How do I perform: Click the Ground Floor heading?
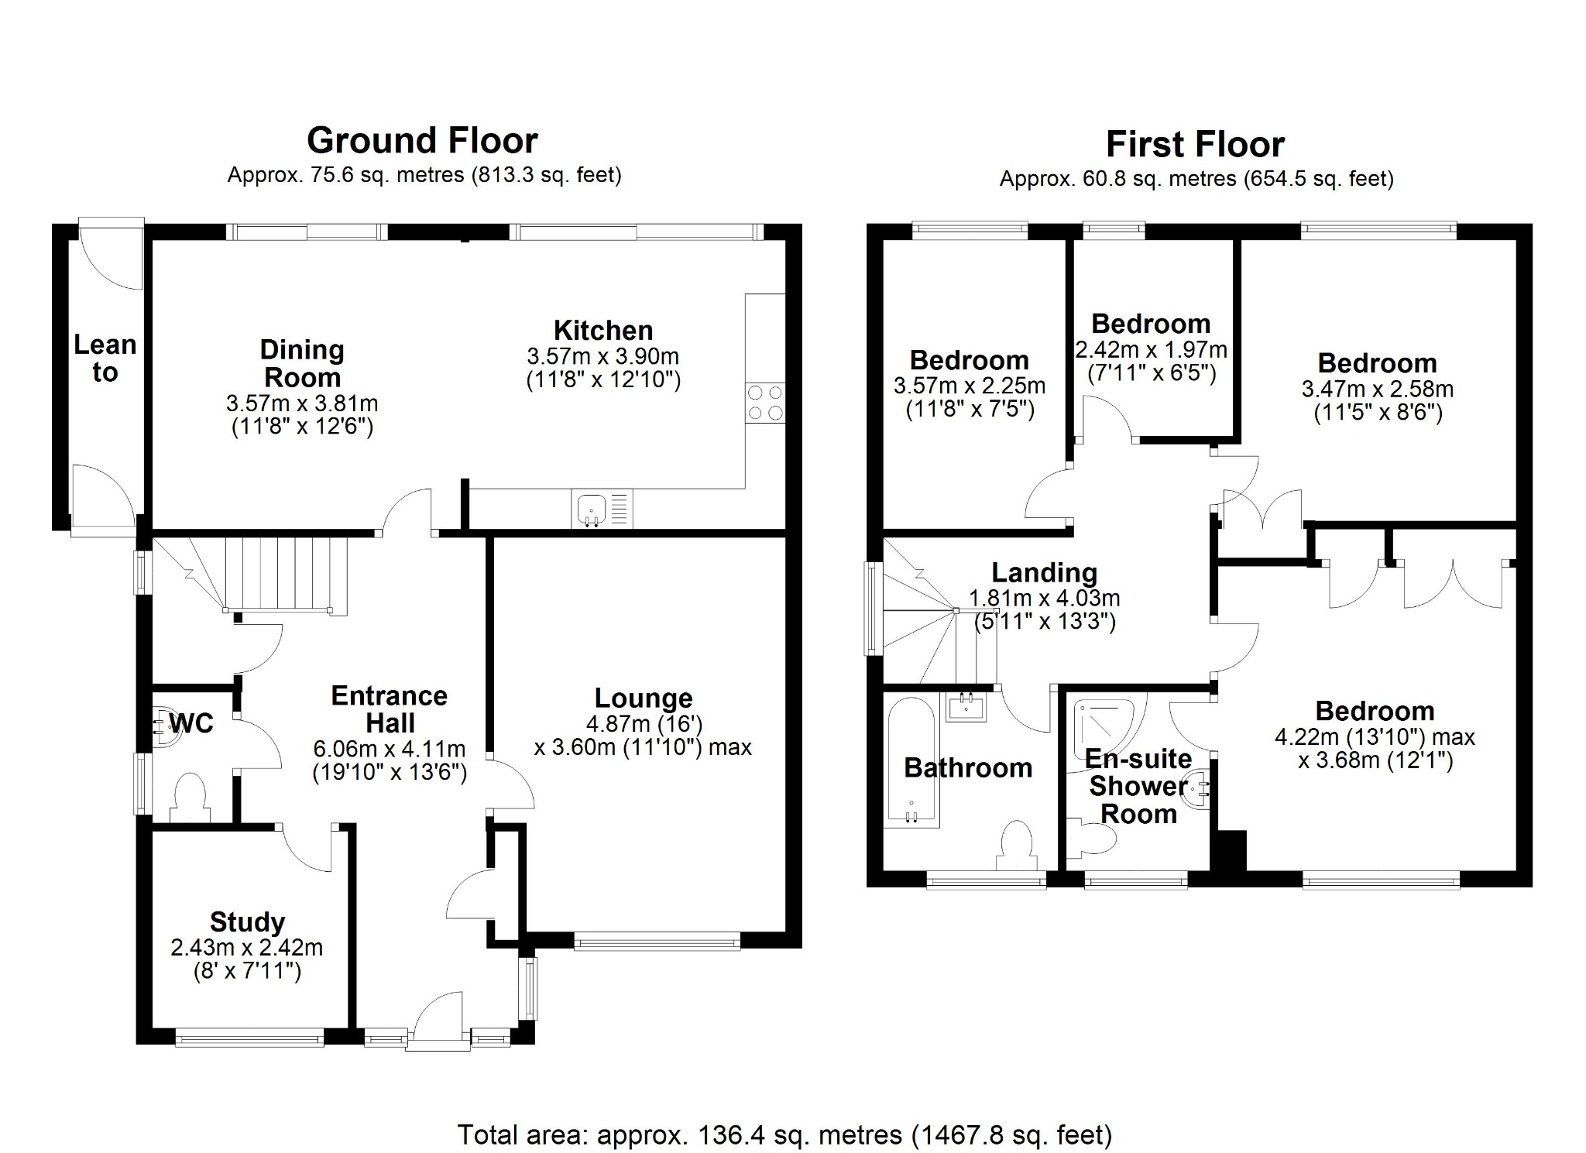coord(422,141)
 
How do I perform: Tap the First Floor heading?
coord(1195,145)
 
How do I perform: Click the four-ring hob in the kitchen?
coord(764,403)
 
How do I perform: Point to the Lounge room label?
coord(643,698)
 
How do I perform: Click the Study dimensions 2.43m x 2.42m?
coord(246,948)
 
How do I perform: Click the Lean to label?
coord(105,359)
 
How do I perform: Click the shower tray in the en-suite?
coord(1104,728)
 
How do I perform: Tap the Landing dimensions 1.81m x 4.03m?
coord(1044,599)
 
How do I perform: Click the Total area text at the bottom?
coord(784,1135)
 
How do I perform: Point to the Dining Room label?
coord(302,364)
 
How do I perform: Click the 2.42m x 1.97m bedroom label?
coord(1151,324)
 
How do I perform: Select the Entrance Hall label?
coord(390,709)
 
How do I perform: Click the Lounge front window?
coord(657,942)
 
